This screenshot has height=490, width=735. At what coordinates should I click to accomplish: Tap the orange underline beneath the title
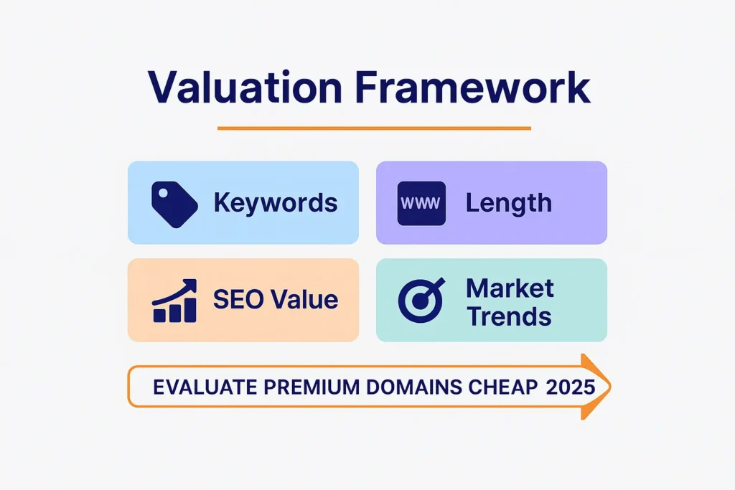click(x=374, y=128)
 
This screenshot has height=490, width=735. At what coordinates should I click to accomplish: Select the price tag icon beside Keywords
click(x=174, y=203)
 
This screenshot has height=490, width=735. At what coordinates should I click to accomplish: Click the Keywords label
click(x=276, y=203)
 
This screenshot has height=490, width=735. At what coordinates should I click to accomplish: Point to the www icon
click(x=421, y=203)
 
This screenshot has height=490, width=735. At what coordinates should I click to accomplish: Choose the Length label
click(x=509, y=203)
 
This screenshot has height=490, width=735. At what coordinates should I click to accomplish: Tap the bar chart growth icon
click(x=174, y=301)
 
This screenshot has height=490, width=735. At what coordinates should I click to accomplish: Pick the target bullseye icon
click(x=421, y=301)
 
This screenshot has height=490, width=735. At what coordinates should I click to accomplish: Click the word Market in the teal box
click(x=510, y=288)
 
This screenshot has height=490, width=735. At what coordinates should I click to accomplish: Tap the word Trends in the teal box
click(x=509, y=316)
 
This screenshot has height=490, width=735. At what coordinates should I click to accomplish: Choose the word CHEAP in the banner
click(x=502, y=387)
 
